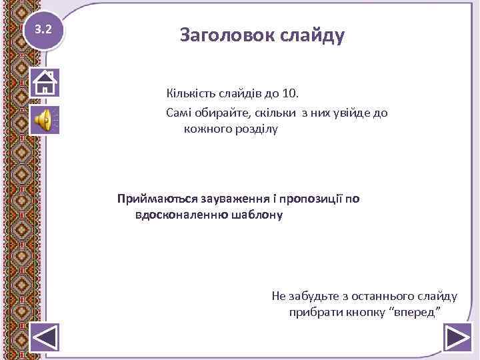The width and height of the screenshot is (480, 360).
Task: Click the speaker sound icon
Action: (x=45, y=120)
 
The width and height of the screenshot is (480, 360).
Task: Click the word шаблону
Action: (x=257, y=215)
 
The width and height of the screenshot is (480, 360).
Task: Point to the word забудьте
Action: (x=314, y=295)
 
